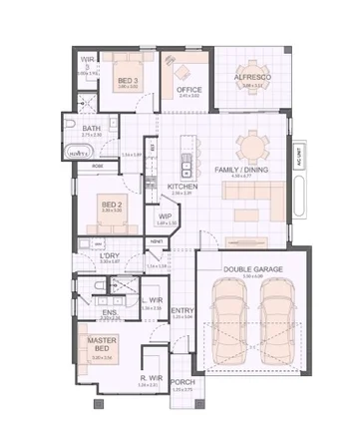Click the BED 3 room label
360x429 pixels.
coord(127,80)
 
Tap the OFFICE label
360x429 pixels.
coord(189,90)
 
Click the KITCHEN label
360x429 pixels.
coord(180,187)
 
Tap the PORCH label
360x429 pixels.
coord(181,382)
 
